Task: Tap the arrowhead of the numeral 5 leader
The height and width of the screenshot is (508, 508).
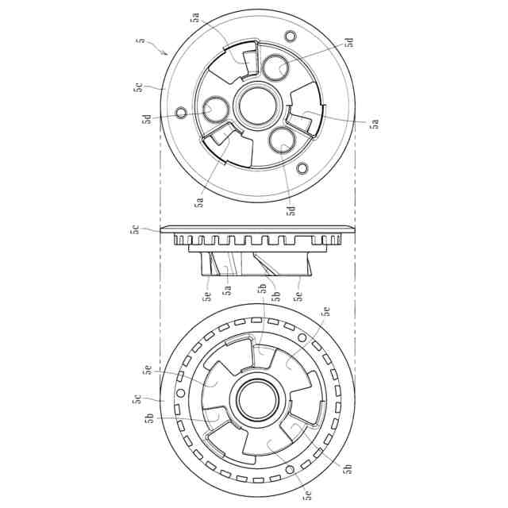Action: (166, 53)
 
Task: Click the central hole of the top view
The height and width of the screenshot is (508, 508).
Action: (258, 106)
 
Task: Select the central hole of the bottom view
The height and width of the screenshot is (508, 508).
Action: (258, 398)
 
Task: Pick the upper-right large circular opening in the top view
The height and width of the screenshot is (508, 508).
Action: (275, 67)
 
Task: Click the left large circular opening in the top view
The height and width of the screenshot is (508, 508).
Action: (216, 110)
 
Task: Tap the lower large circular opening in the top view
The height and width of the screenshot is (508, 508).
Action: (283, 140)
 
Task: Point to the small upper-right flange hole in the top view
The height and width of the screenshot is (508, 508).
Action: (290, 35)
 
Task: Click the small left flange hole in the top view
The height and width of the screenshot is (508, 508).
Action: (181, 113)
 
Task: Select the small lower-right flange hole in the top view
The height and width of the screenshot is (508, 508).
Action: (302, 168)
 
